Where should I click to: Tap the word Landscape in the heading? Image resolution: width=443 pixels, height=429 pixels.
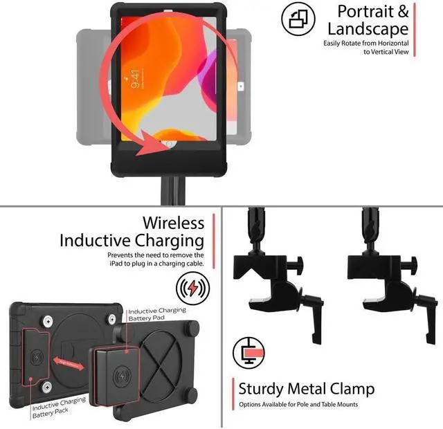pyautogui.click(x=368, y=29)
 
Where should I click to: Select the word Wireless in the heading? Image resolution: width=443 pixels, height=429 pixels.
pyautogui.click(x=173, y=223)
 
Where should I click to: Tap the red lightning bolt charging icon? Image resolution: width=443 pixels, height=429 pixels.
pyautogui.click(x=193, y=286)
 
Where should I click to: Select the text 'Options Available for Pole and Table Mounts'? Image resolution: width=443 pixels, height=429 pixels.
pyautogui.click(x=299, y=404)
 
